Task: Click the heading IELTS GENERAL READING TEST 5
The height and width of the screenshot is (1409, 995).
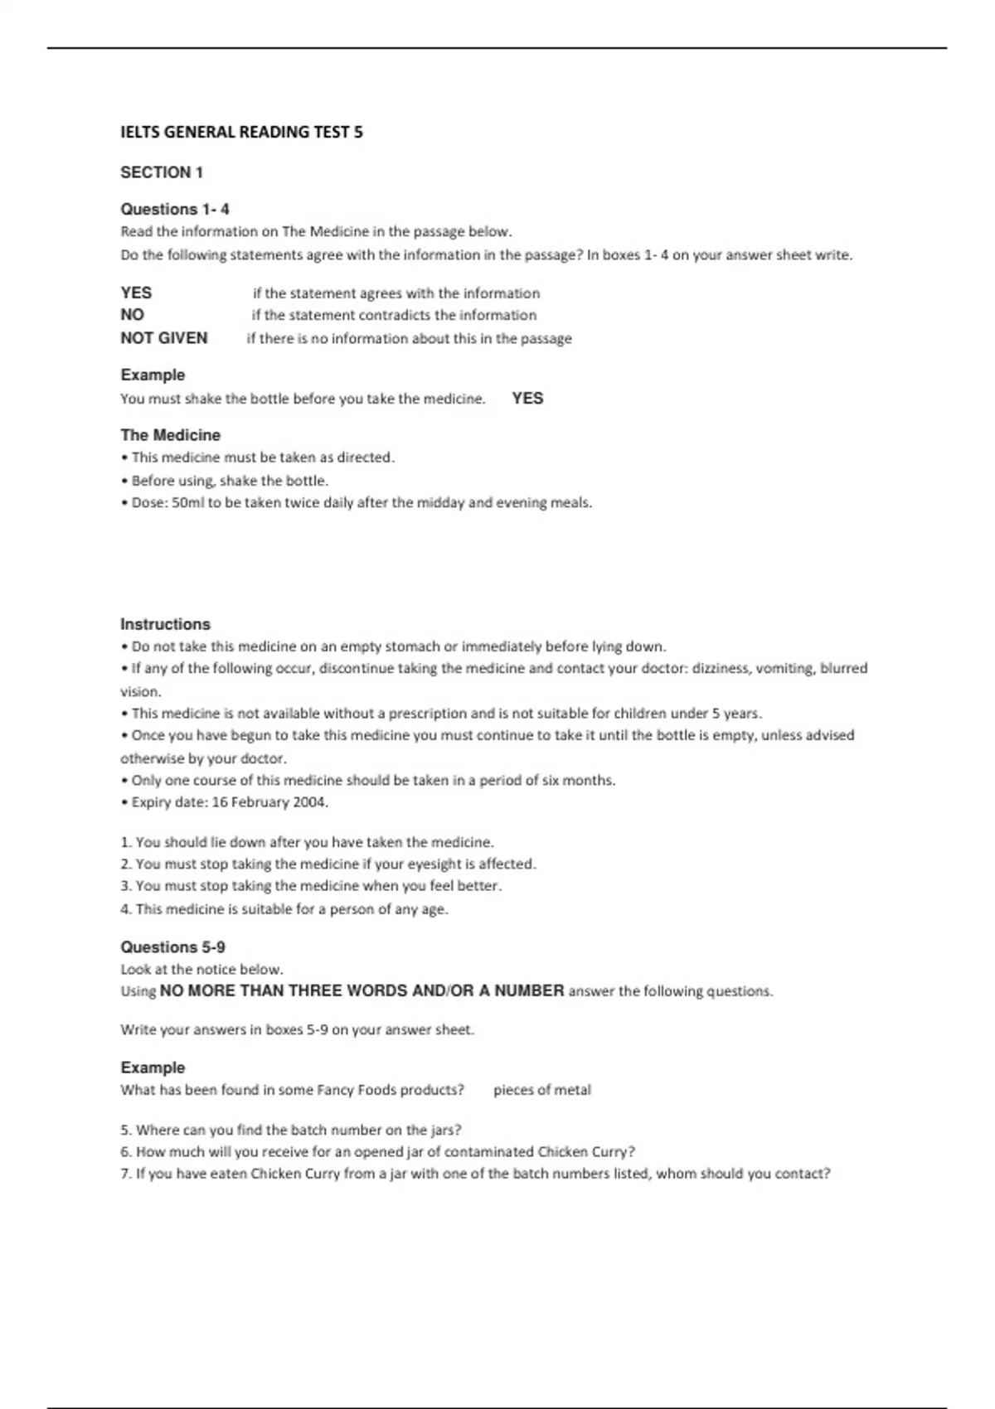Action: pyautogui.click(x=241, y=132)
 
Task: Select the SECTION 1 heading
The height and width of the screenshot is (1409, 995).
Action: pyautogui.click(x=162, y=172)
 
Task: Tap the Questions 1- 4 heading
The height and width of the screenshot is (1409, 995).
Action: pyautogui.click(x=175, y=209)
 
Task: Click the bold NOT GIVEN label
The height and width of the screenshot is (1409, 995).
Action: pyautogui.click(x=164, y=338)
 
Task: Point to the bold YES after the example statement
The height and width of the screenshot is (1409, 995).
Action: pyautogui.click(x=527, y=399)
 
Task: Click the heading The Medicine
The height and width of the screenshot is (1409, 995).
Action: pyautogui.click(x=171, y=435)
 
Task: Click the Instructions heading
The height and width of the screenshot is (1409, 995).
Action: pyautogui.click(x=165, y=624)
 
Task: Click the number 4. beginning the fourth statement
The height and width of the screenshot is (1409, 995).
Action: pyautogui.click(x=126, y=909)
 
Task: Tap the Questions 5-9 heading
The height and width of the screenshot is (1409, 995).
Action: pyautogui.click(x=172, y=947)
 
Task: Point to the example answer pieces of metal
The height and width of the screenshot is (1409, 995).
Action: pyautogui.click(x=542, y=1090)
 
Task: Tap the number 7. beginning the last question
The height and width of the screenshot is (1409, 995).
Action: pyautogui.click(x=126, y=1174)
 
